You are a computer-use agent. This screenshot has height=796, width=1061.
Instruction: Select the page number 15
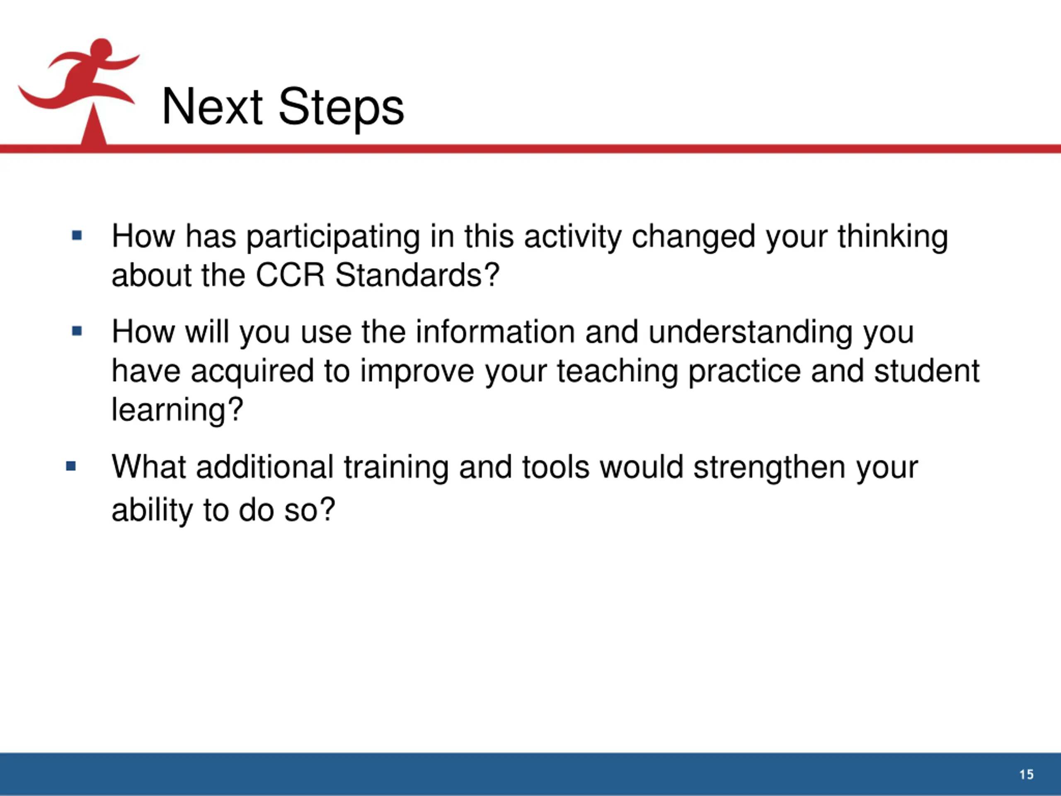(x=1027, y=774)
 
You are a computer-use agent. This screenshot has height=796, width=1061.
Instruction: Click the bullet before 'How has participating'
(x=77, y=235)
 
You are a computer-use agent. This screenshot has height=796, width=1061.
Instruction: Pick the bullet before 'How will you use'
(x=77, y=331)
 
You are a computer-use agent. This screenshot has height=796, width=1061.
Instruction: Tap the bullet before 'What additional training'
(x=71, y=466)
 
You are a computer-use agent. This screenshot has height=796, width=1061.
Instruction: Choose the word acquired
(x=252, y=372)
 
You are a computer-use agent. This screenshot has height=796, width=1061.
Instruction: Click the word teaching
(x=617, y=372)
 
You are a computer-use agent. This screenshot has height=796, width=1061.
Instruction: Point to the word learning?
(x=177, y=411)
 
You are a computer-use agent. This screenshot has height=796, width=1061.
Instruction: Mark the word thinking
(x=893, y=238)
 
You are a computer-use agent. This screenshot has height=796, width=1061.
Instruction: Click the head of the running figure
(x=101, y=49)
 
